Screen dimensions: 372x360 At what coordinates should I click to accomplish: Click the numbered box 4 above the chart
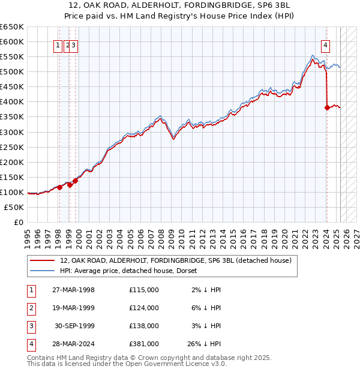pos(326,44)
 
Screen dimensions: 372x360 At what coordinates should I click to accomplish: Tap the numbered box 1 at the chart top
pos(59,44)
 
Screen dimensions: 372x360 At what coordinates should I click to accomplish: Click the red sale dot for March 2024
pos(327,108)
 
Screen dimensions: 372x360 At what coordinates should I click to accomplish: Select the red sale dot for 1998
pos(59,187)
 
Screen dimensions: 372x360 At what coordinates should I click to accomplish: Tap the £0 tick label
pos(19,222)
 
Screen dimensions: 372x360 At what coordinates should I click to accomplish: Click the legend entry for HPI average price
pos(132,271)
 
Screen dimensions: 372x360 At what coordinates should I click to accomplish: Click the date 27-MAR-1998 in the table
pos(73,290)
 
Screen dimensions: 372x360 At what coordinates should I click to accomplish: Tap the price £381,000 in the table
pos(144,344)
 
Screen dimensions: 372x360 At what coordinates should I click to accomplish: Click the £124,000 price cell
pos(144,308)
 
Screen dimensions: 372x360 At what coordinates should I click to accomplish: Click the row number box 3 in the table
pos(30,326)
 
